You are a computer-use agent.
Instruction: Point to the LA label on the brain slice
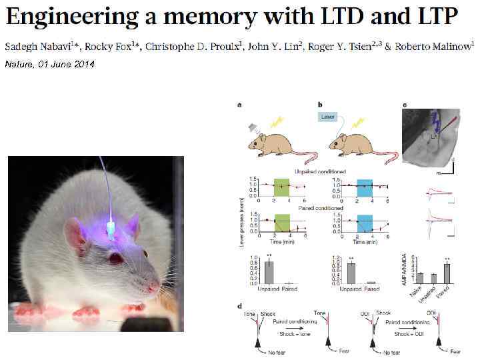(433, 135)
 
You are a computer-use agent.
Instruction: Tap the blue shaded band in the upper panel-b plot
(364, 187)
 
